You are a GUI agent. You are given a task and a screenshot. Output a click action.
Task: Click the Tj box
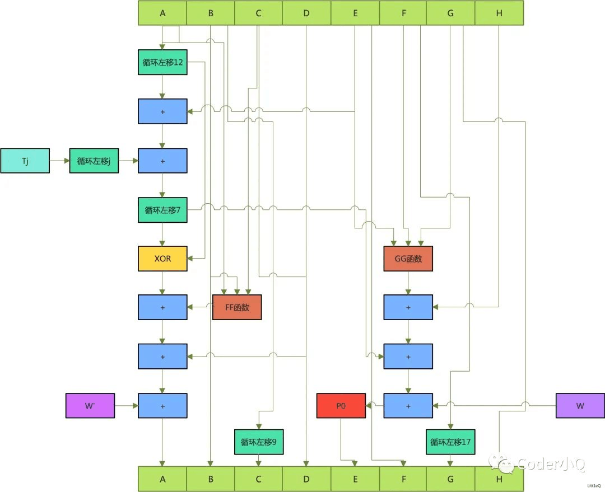coord(25,161)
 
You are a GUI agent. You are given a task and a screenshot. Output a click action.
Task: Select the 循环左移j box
coord(94,161)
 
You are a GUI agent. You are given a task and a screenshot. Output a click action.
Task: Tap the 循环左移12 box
coord(162,62)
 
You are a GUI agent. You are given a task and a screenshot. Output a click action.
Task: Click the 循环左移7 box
coord(162,210)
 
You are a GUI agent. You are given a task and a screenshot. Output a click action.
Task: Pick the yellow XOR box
coord(162,259)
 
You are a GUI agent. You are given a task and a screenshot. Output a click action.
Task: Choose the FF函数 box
coord(237,307)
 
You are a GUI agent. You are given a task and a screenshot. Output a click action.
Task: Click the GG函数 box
coord(408,259)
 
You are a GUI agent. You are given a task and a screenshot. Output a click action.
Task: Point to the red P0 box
coord(341,406)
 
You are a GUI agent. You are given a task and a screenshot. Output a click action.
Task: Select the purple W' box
coord(90,406)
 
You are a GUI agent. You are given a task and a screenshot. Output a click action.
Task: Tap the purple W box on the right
coord(580,406)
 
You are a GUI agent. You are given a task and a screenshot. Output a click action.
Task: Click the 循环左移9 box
coord(258,442)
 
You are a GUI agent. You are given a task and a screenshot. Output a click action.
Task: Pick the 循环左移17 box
coord(450,442)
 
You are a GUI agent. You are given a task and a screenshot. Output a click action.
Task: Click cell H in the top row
coord(499,13)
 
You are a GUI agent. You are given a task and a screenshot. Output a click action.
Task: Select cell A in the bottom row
coord(162,479)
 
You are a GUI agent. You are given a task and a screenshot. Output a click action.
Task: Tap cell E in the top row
coord(355,13)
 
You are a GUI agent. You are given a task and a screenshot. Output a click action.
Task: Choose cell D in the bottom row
coord(306,479)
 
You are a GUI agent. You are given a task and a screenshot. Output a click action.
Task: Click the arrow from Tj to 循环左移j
coord(59,161)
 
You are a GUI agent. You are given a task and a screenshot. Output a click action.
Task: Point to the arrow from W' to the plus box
coord(126,406)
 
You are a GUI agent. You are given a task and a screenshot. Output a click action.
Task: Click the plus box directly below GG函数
coord(408,307)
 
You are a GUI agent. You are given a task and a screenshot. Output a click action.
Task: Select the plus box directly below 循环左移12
coord(162,111)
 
